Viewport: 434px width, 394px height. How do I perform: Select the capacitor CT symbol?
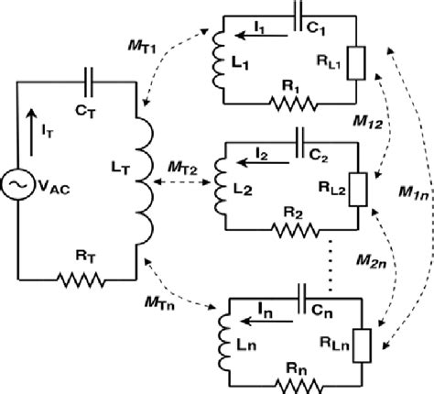[x=88, y=80]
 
